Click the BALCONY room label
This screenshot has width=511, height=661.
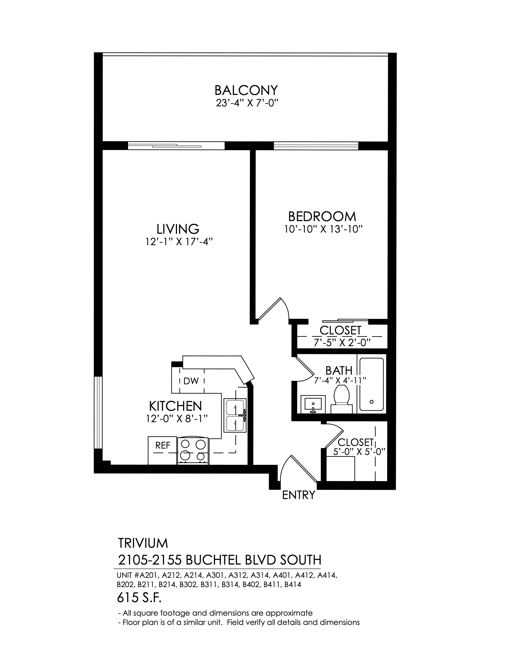click(246, 90)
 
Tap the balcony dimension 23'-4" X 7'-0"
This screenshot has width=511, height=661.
click(247, 103)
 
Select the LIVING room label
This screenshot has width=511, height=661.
click(178, 229)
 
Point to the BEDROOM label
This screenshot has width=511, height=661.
click(322, 216)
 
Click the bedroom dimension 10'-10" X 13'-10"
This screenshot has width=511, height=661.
click(323, 229)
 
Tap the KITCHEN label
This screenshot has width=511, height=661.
click(175, 406)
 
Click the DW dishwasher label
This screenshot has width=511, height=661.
click(191, 381)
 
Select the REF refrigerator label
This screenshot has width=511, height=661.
click(163, 445)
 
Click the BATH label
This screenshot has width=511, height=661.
click(339, 370)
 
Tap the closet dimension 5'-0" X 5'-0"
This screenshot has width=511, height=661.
click(359, 452)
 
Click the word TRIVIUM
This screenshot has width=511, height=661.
click(142, 543)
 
